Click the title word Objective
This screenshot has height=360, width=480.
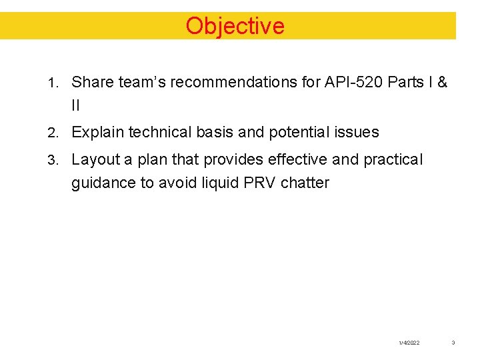[235, 26]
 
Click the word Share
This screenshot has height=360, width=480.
[89, 83]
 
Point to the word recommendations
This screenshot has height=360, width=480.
[221, 83]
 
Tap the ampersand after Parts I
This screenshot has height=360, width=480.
[442, 83]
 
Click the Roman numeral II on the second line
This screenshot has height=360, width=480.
[75, 105]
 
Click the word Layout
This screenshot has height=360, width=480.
[95, 160]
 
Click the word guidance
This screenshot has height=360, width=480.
[103, 183]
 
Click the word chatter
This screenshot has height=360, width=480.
[305, 183]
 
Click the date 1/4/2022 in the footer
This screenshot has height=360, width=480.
[409, 343]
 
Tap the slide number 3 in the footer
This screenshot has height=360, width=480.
[453, 343]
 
